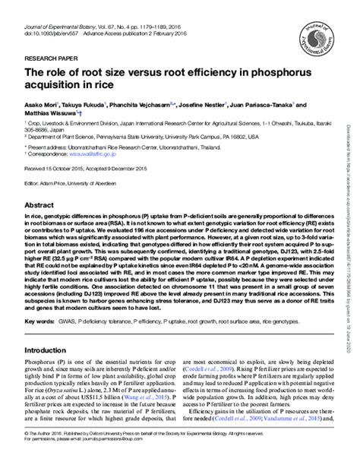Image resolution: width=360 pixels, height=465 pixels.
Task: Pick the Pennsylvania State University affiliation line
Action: pyautogui.click(x=114, y=141)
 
